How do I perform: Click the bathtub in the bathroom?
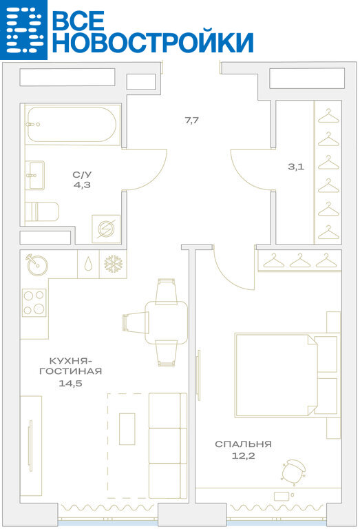click(73, 125)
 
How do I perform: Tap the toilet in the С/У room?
click(42, 211)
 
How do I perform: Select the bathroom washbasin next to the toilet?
click(34, 175)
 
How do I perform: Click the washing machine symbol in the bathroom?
click(106, 229)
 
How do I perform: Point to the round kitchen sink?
click(37, 264)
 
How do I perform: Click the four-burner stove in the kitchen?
click(34, 302)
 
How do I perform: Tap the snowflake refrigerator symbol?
click(114, 264)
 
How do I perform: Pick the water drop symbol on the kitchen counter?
click(88, 264)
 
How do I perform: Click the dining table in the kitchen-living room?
click(166, 322)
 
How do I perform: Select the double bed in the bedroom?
click(287, 375)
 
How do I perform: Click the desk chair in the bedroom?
click(293, 470)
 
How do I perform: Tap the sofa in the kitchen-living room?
click(168, 446)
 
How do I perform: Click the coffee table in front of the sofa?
click(127, 429)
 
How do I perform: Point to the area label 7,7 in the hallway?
click(192, 120)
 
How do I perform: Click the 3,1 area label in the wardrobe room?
click(296, 166)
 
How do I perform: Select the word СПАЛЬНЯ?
click(244, 444)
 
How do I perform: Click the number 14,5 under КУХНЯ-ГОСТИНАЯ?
click(70, 383)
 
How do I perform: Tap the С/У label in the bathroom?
click(82, 175)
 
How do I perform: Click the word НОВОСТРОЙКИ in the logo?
click(153, 42)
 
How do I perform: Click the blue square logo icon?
click(23, 30)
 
